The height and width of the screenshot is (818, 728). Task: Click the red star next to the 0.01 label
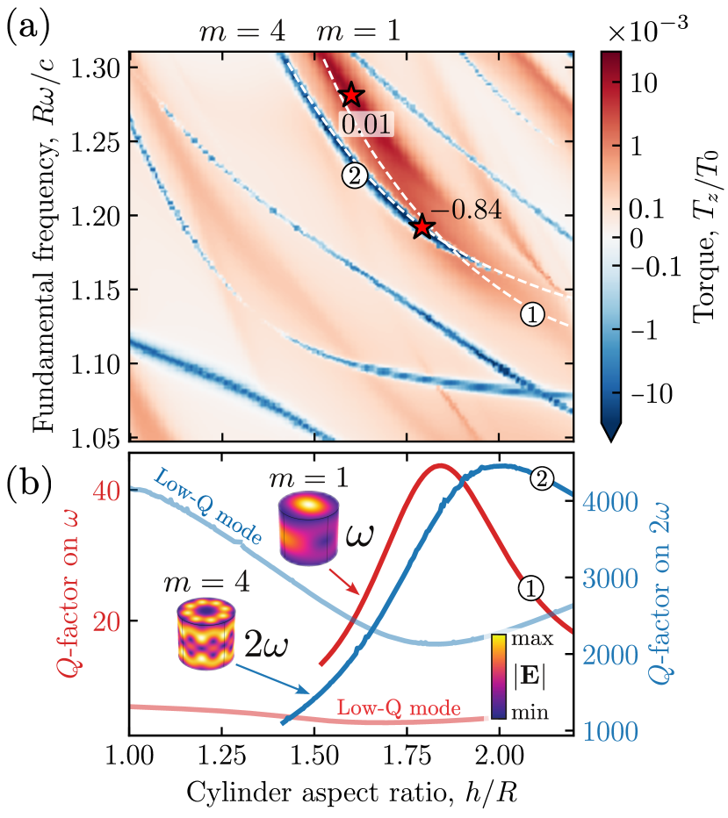(x=351, y=95)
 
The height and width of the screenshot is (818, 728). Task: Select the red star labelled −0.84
(x=423, y=226)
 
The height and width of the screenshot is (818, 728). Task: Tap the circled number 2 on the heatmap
(x=352, y=176)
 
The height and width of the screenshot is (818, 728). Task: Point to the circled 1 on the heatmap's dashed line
(x=531, y=313)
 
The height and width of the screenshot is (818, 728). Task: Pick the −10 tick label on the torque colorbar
(x=646, y=395)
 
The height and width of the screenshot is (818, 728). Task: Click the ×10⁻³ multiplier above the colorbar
(x=646, y=32)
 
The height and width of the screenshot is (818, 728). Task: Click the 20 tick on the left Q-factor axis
(x=106, y=621)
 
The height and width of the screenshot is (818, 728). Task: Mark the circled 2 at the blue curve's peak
(x=542, y=479)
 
